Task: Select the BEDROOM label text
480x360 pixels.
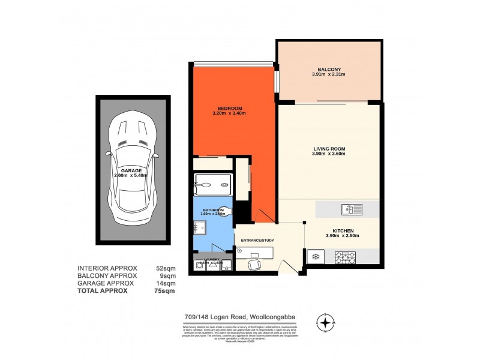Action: coord(229,109)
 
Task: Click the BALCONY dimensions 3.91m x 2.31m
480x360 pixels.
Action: coord(328,74)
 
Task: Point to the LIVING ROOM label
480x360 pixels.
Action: coord(329,148)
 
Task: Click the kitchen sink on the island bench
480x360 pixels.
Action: coord(349,209)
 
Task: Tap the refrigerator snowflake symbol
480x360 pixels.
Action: coord(313,257)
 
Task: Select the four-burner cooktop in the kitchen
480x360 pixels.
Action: coord(346,257)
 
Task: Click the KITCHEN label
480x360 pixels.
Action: coord(343,231)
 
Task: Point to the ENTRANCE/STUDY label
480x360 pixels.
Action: coord(257,240)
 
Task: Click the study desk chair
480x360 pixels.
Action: coord(254,263)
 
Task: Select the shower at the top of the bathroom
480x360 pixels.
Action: coord(213,185)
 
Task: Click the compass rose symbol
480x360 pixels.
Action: coord(325,323)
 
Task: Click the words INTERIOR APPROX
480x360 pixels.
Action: coord(107,268)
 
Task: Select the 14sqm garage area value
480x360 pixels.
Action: coord(166,283)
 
